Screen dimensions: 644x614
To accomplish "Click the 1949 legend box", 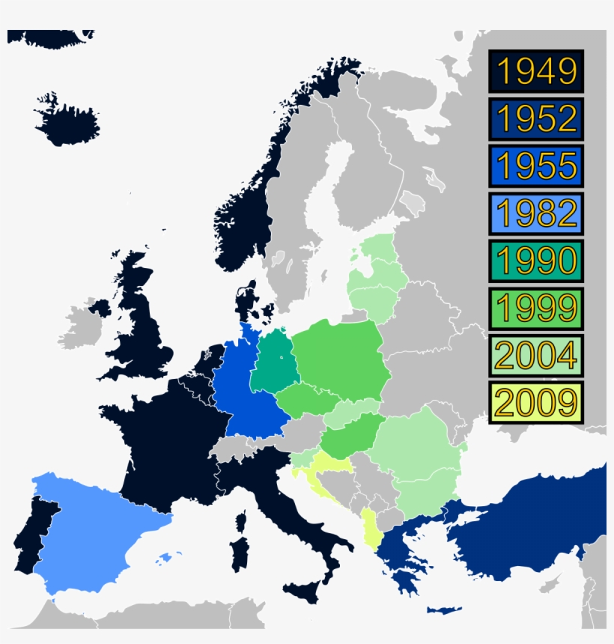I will pos(535,71).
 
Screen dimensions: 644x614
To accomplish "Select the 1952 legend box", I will pos(535,118).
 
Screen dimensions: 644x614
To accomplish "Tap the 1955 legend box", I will pos(535,165).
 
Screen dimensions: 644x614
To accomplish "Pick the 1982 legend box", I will pos(535,213).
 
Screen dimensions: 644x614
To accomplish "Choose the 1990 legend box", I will pos(535,260).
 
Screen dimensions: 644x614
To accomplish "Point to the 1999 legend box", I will pos(535,307).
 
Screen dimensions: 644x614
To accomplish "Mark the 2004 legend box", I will pos(535,354).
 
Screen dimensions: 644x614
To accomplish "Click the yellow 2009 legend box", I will pos(535,402).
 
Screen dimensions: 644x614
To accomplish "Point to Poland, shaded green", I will pos(341,359).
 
